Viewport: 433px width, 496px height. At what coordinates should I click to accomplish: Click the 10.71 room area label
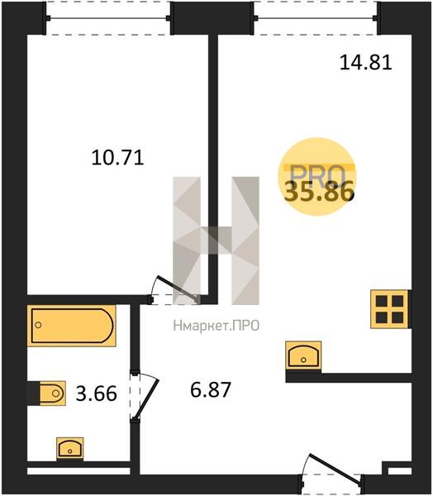tap(117, 158)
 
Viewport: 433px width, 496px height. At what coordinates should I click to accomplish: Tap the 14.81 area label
tap(366, 62)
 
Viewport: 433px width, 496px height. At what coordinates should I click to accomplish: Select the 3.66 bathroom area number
tap(97, 393)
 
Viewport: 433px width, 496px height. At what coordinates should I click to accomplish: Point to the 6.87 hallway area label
tap(211, 389)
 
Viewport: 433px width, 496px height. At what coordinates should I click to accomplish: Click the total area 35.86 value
tap(319, 192)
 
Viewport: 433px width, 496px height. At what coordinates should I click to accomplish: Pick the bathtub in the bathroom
tap(72, 326)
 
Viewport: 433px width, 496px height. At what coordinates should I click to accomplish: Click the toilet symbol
tap(53, 393)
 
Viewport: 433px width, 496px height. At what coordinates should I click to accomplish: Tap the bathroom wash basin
tap(70, 448)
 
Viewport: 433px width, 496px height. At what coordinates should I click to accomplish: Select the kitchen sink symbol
tap(303, 355)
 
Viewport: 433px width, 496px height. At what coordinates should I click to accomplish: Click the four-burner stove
tap(390, 309)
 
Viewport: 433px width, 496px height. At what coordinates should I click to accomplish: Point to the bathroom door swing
tap(145, 396)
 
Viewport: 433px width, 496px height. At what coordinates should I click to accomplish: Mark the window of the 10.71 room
tap(108, 18)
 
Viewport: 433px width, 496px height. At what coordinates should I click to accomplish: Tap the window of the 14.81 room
tap(316, 18)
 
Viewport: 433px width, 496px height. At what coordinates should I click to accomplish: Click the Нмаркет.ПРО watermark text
tap(216, 326)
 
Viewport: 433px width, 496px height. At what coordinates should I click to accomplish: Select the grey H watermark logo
tap(216, 241)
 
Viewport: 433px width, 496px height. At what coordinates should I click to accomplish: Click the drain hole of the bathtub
tap(38, 325)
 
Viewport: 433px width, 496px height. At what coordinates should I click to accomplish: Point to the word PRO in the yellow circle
tap(317, 176)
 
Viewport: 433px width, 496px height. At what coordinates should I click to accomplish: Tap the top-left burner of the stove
tap(382, 301)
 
